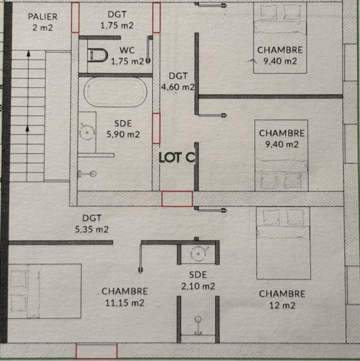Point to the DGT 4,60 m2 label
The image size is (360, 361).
pos(178,81)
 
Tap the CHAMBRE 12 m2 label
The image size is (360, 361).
pos(281,299)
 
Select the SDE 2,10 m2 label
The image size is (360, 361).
pos(197,280)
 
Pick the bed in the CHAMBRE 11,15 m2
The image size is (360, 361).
pos(44,291)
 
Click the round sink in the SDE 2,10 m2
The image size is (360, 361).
pos(198,254)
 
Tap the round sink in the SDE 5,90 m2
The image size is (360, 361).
pos(88,130)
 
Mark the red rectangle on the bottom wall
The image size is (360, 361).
pos(96,351)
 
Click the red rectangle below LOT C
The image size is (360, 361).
pos(177,198)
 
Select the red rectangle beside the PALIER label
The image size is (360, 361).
pos(75,18)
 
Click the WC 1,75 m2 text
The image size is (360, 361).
pos(131,55)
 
